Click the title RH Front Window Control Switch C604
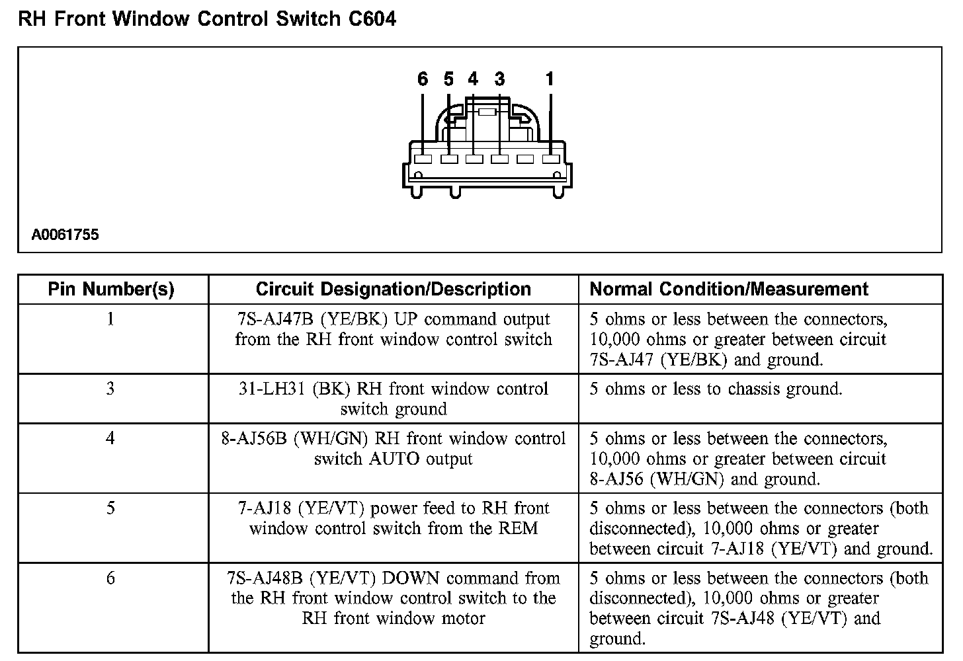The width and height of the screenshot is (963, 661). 207,19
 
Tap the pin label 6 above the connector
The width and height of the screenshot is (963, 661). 423,80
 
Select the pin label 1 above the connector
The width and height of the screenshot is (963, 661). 550,80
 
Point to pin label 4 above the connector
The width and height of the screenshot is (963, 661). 473,80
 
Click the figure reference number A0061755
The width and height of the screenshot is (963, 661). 65,235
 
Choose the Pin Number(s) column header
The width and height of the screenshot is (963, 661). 111,290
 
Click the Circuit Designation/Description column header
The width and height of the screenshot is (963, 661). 393,290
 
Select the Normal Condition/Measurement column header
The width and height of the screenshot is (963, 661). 729,290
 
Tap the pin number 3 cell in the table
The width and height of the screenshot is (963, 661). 110,389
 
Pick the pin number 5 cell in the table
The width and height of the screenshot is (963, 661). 110,508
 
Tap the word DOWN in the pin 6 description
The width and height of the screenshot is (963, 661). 411,578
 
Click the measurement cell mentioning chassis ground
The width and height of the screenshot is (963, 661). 716,389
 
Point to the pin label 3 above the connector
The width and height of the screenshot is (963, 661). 499,80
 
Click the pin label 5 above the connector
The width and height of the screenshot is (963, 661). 449,80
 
